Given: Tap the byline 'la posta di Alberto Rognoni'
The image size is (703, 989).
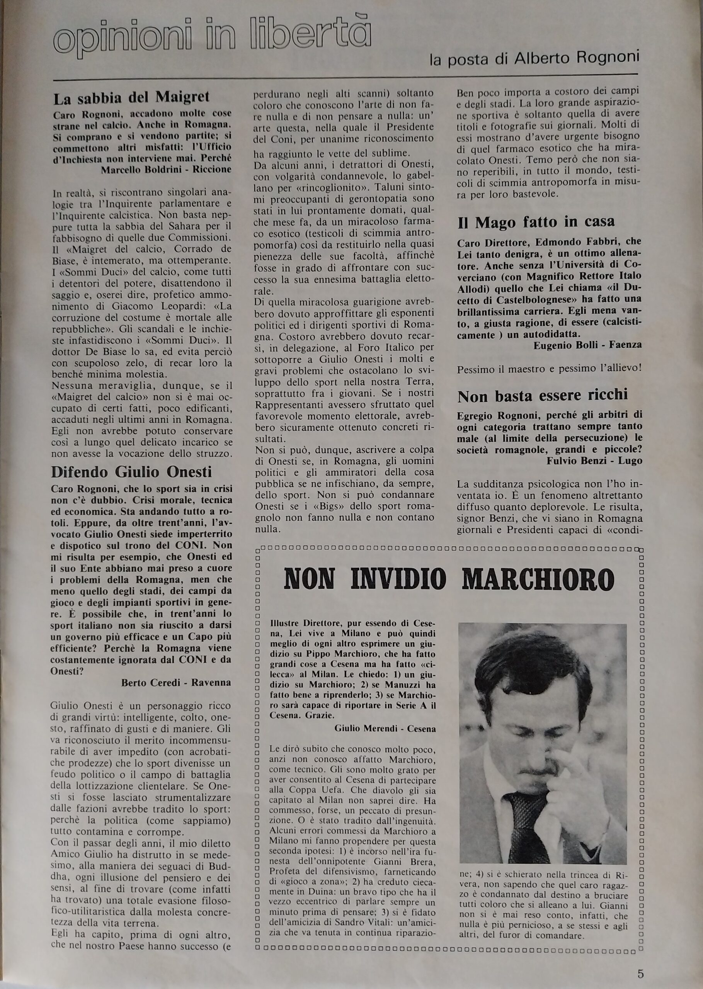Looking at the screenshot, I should (534, 59).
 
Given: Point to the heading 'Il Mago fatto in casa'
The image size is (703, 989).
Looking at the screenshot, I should (536, 222).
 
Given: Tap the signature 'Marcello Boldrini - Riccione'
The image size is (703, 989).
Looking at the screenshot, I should (166, 169).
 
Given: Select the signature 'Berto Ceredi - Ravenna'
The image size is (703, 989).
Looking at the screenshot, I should (176, 683).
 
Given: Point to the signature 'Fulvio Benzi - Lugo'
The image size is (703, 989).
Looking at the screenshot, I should (594, 461).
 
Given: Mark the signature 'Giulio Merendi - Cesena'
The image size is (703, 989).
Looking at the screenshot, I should (385, 729).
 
